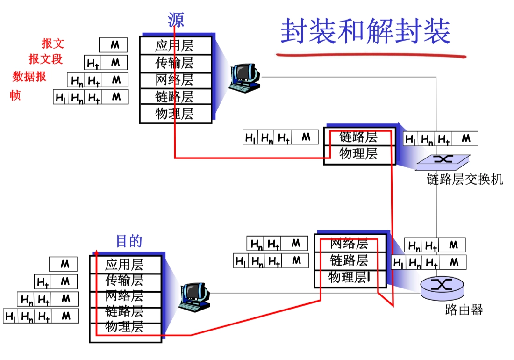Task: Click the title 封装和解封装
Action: tap(365, 32)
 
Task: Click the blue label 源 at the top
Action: tap(176, 20)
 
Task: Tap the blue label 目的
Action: tap(129, 241)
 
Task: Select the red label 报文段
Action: tap(45, 59)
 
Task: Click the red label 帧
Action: tap(15, 96)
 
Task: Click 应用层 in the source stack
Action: tap(174, 46)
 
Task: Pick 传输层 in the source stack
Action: tap(174, 63)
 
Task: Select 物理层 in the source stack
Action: tap(174, 114)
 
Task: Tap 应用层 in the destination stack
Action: tap(124, 265)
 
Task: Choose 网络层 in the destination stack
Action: tap(124, 295)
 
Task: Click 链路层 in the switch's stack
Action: tap(358, 137)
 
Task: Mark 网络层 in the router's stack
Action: tap(349, 244)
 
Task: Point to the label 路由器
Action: tap(464, 310)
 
